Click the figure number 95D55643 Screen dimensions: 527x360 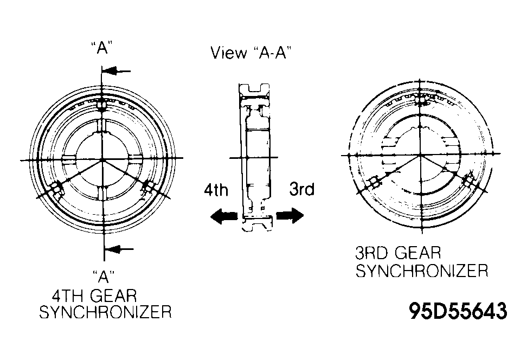tap(458, 311)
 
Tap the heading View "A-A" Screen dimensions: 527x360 tap(250, 53)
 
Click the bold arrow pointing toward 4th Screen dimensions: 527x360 tap(223, 216)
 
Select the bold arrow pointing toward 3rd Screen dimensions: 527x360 tap(290, 215)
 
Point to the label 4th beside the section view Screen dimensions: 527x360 tap(216, 190)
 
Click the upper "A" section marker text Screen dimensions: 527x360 tap(101, 47)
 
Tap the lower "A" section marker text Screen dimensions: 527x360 tap(103, 277)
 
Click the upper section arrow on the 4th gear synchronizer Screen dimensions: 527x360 tap(116, 71)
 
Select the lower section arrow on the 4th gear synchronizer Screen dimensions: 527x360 tap(119, 249)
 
